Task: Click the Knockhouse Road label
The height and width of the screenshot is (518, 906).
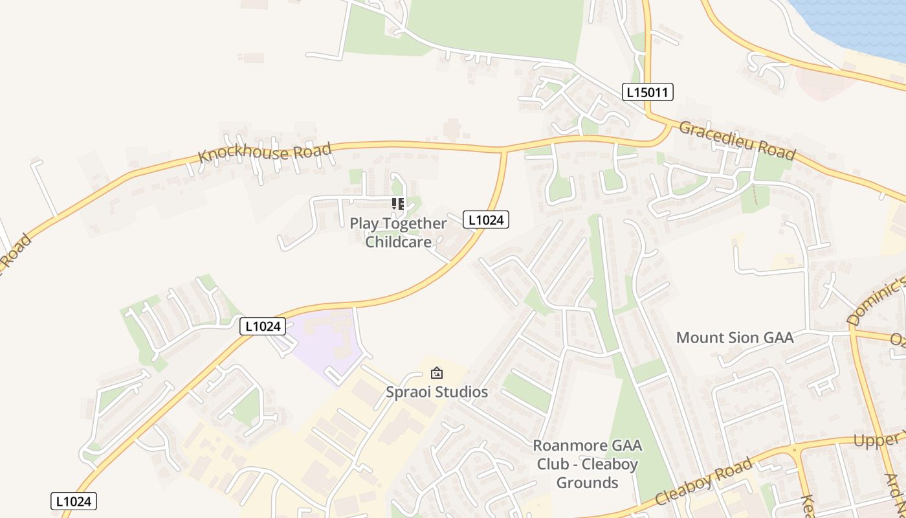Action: tap(265, 152)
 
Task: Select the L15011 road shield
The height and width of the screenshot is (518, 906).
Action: tap(648, 92)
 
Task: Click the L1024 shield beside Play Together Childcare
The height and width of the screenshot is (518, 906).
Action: tap(486, 220)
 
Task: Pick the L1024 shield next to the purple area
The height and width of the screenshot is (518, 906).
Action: tap(263, 326)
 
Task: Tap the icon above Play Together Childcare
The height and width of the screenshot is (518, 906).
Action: tap(398, 204)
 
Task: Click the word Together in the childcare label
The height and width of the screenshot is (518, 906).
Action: tap(414, 224)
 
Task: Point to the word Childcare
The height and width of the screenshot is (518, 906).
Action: tap(398, 242)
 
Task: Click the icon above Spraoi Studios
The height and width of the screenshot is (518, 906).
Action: tap(437, 373)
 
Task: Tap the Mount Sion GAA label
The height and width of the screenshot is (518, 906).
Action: tap(735, 337)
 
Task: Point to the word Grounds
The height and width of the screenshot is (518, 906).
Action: tap(587, 482)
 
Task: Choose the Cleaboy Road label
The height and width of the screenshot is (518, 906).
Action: tap(703, 482)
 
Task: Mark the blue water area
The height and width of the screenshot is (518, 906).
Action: tap(854, 23)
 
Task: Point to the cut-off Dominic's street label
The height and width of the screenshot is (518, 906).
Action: tap(876, 300)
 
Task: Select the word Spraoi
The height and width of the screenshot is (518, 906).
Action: tap(408, 392)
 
